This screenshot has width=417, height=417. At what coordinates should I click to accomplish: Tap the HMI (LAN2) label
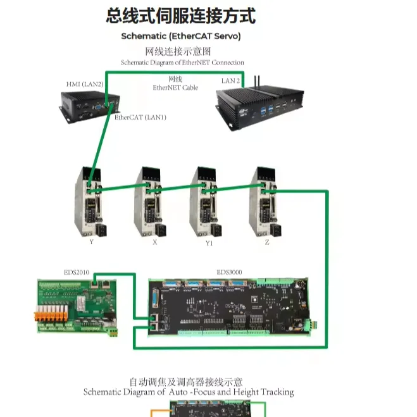(x=85, y=84)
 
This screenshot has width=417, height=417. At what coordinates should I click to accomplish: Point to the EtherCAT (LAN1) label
(x=140, y=118)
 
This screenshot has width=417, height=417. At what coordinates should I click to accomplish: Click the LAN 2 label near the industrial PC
(x=230, y=81)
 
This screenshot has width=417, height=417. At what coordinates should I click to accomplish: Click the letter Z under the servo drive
(x=268, y=242)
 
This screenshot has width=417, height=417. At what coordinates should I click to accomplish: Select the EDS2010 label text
(x=77, y=273)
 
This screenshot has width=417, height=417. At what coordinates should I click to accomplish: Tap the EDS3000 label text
(x=229, y=273)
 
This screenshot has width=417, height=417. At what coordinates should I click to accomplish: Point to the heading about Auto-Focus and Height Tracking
(x=189, y=392)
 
